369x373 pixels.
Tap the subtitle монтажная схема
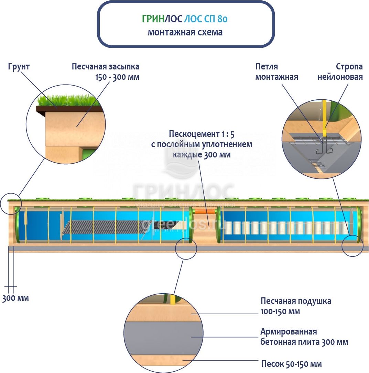[185, 32]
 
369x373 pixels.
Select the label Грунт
[19, 66]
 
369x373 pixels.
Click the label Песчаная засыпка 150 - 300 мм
[106, 71]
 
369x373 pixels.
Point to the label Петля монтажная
[276, 71]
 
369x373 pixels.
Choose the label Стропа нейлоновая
[340, 71]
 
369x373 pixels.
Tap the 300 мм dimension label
[15, 298]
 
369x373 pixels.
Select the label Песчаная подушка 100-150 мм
[296, 306]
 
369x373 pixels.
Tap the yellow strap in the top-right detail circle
[324, 117]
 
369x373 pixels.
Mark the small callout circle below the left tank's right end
[186, 248]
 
